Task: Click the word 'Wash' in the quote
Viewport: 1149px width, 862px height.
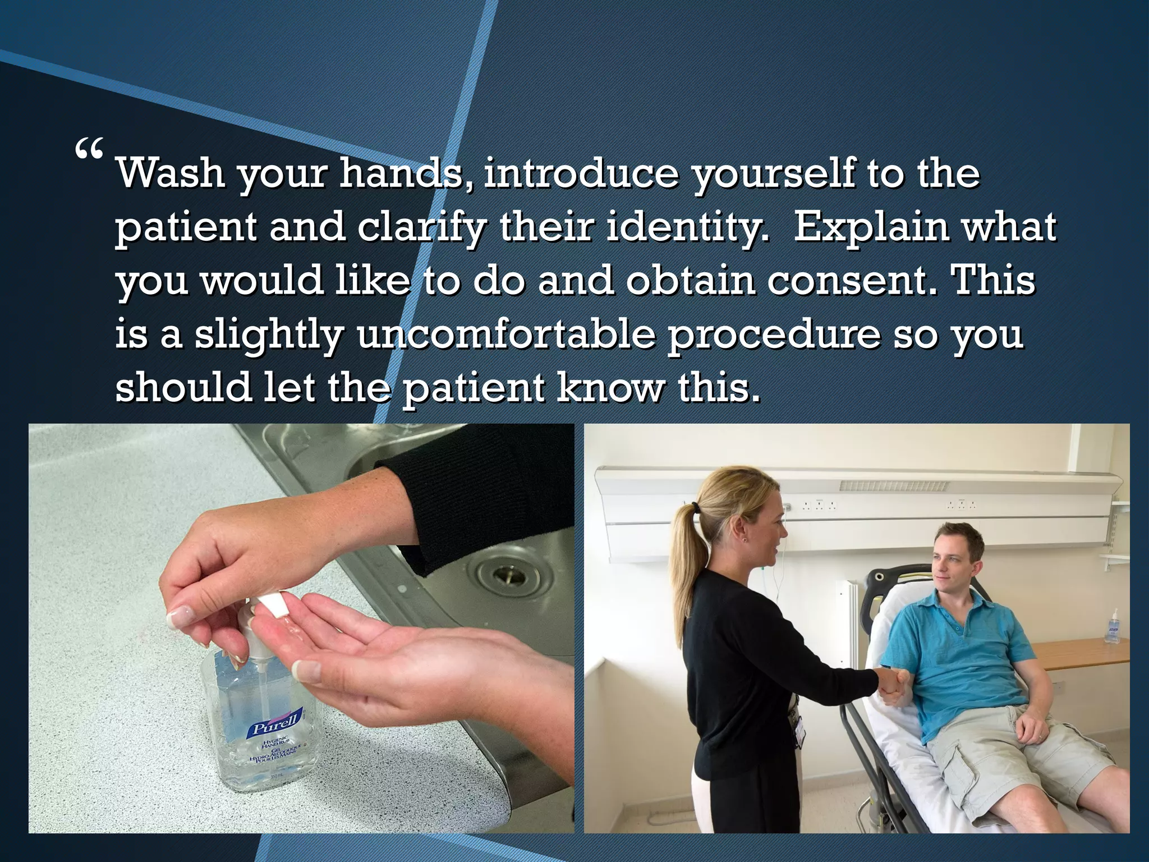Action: click(x=170, y=174)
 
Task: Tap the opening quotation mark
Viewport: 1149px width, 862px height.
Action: click(x=89, y=148)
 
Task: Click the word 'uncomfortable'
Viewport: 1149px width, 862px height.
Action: click(x=505, y=335)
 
